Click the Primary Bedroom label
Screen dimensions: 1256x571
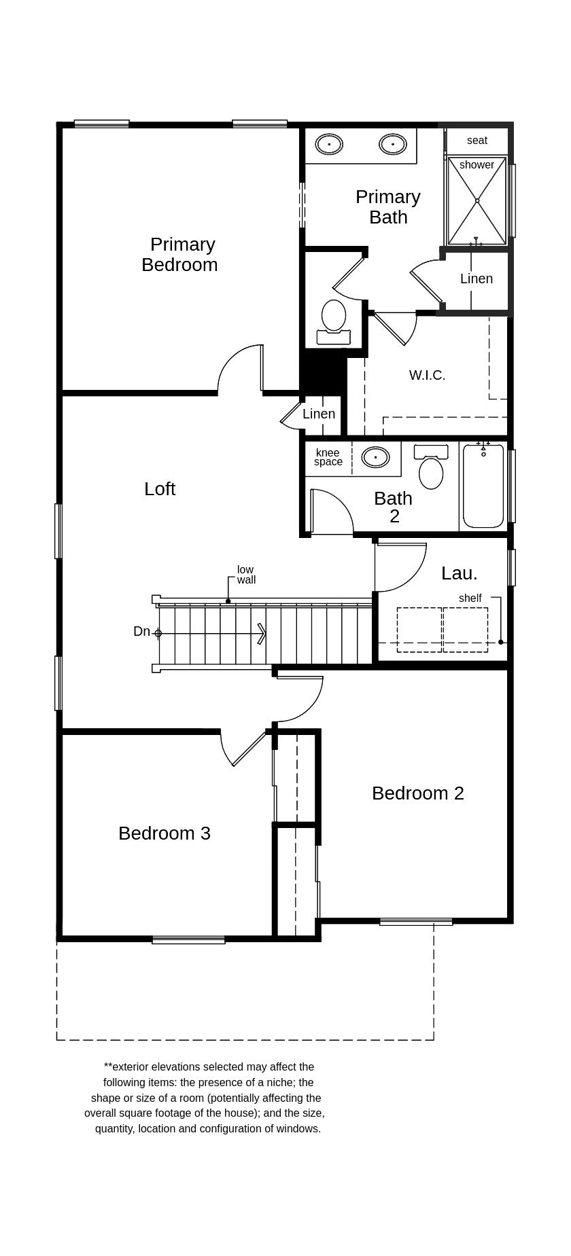(x=180, y=255)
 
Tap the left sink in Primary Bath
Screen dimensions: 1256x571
(x=329, y=144)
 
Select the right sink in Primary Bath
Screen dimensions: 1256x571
(x=392, y=144)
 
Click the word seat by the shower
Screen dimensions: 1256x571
(x=477, y=141)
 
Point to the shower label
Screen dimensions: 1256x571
(x=477, y=165)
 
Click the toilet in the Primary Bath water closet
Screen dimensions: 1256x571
(x=334, y=319)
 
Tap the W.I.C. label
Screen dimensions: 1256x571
(x=427, y=375)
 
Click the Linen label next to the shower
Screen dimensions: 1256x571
(x=476, y=279)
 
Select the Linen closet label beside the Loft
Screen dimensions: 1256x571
(x=319, y=414)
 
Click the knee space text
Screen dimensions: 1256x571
(x=328, y=457)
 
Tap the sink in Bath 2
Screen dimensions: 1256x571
(x=375, y=457)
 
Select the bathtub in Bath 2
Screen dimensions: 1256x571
(x=483, y=486)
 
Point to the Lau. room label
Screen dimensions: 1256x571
(x=459, y=573)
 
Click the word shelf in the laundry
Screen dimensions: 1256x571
(x=470, y=598)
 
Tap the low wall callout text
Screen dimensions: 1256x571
(x=246, y=575)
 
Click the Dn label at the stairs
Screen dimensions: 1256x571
(x=141, y=632)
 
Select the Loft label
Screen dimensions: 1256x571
(x=160, y=489)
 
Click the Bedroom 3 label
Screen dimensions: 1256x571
(x=165, y=833)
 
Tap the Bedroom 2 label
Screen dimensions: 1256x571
(x=417, y=793)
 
